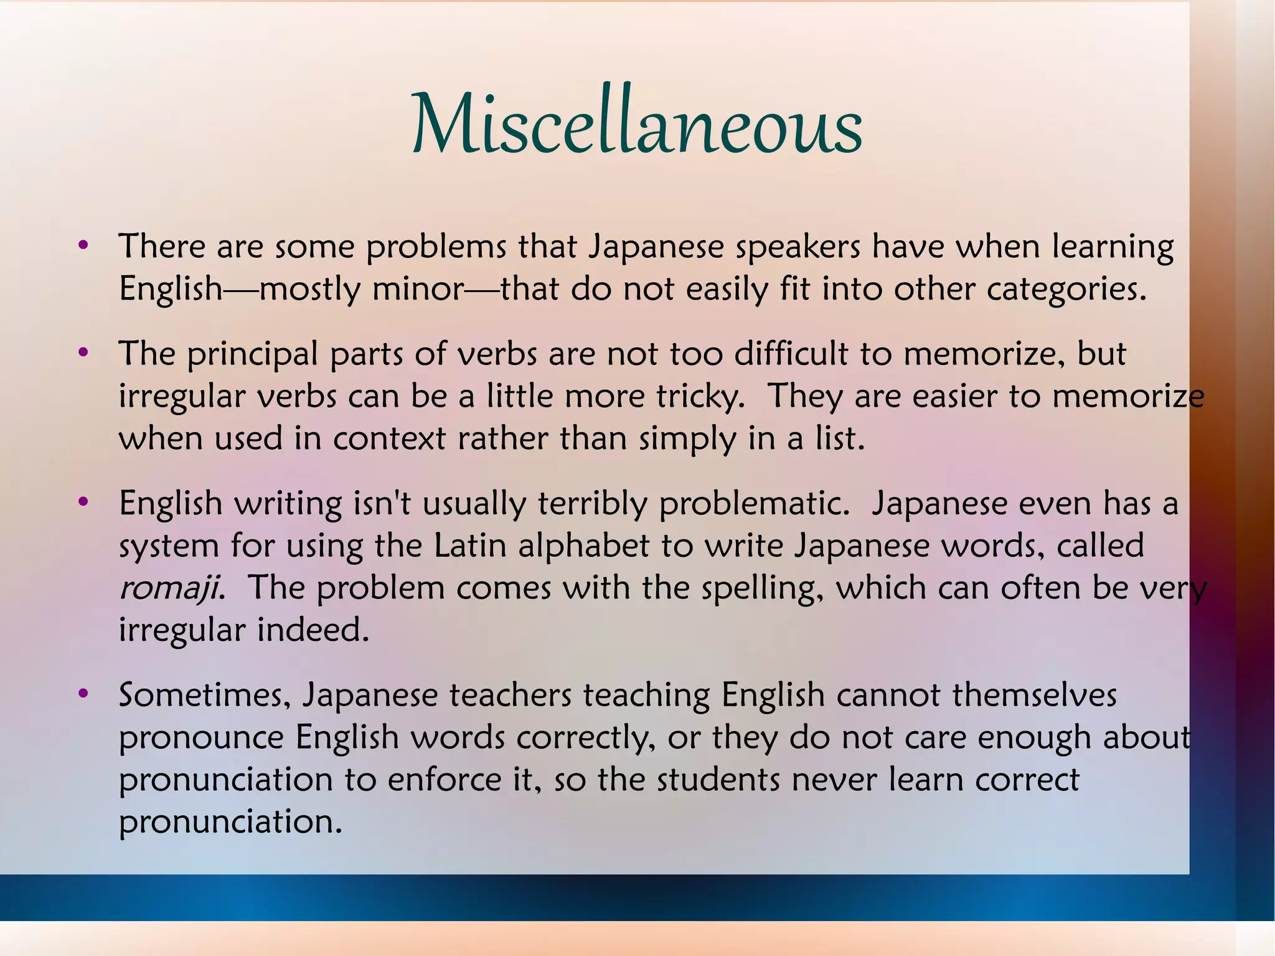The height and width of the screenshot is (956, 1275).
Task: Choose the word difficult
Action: [791, 354]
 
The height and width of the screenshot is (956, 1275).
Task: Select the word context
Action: [389, 438]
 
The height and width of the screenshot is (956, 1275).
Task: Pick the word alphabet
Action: [584, 546]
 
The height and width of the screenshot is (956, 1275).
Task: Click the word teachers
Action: [510, 695]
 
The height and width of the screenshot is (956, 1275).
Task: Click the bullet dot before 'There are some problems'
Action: [83, 245]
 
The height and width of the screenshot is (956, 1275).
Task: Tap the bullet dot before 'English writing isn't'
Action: [83, 502]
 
